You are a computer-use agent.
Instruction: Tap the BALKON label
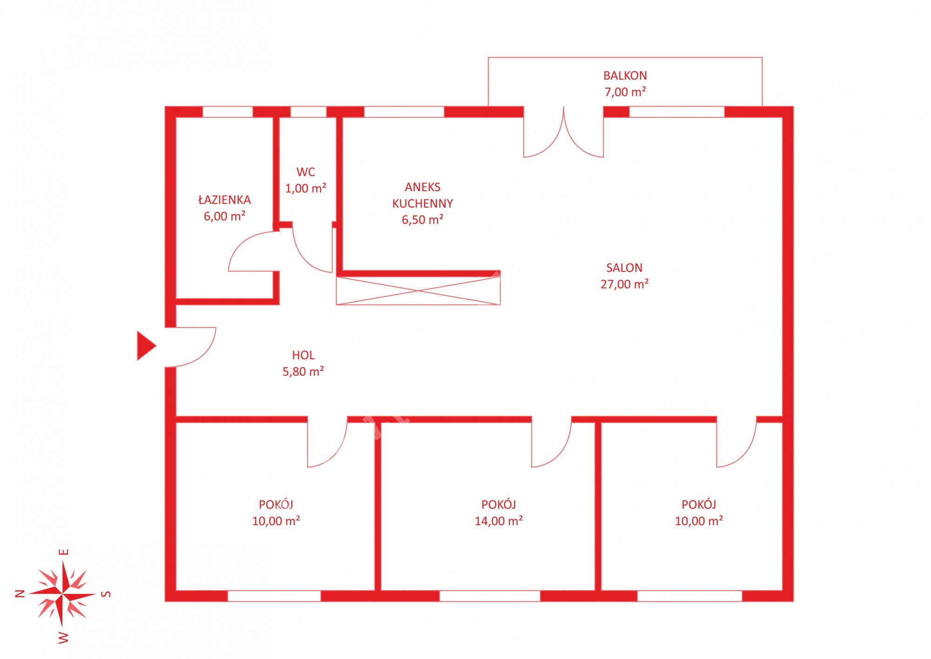tap(625, 75)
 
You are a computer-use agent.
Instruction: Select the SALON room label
tap(624, 268)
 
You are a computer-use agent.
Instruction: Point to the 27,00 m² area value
tap(624, 284)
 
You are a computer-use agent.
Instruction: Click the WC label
tap(306, 172)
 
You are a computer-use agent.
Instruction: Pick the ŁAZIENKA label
tap(224, 200)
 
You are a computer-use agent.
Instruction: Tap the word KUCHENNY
tap(423, 203)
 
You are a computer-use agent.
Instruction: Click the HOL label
tap(303, 355)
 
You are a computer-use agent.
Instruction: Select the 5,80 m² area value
tap(303, 371)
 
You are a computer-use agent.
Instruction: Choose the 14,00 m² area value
tap(499, 521)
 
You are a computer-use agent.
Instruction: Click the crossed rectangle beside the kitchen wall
tap(418, 291)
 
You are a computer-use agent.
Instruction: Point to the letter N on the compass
tap(20, 593)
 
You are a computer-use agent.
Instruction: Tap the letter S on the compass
tap(106, 594)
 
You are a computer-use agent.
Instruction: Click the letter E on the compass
tap(64, 552)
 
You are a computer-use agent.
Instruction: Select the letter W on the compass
tap(63, 638)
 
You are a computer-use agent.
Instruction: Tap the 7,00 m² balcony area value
tap(625, 92)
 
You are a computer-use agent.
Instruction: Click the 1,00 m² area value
tap(306, 188)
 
